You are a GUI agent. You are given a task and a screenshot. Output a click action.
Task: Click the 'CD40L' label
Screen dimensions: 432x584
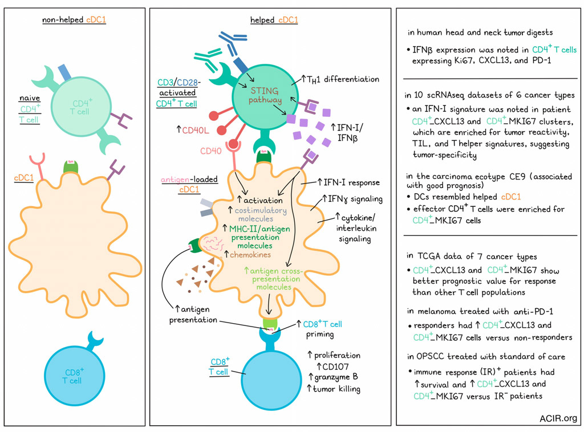194,130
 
